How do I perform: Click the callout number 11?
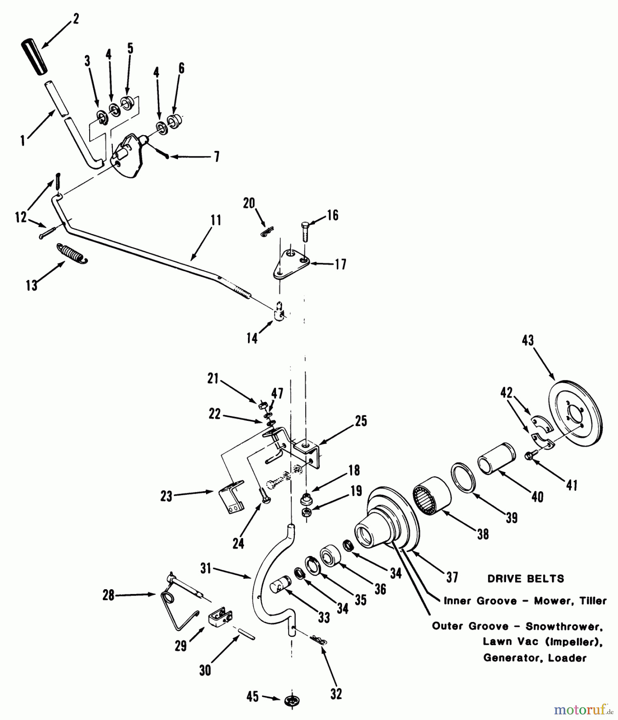point(216,221)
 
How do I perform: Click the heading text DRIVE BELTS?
point(526,578)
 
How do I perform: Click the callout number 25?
point(361,421)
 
